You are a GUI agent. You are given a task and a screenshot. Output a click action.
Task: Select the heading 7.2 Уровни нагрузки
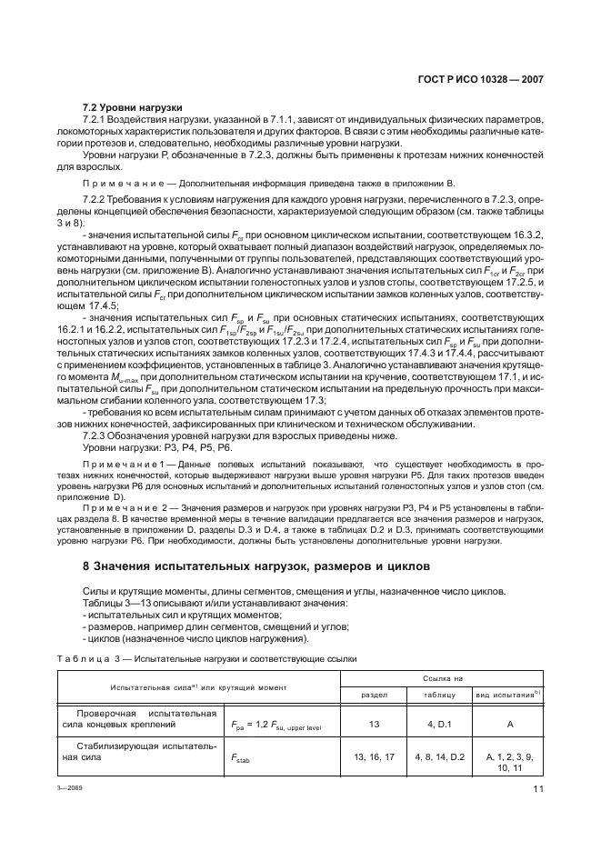(x=133, y=107)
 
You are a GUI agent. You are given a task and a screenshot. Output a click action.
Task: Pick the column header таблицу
(x=439, y=694)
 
